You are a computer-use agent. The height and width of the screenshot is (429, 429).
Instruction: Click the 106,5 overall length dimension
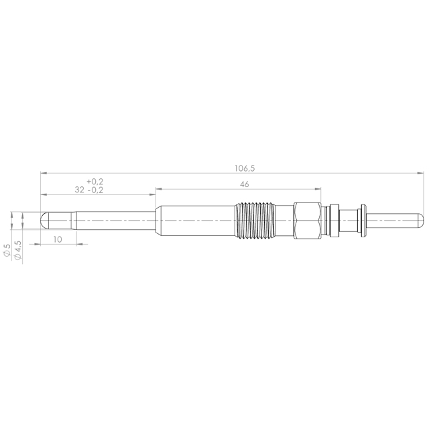pos(245,168)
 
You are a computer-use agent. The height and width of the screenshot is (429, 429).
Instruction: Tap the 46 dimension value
pos(244,184)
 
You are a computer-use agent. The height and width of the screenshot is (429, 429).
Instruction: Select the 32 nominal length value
pos(79,190)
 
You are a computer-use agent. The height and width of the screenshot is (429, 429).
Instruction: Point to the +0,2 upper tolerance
pos(95,182)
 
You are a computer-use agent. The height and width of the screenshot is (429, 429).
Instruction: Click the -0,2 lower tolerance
pos(95,190)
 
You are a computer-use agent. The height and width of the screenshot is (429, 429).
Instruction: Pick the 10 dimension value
pos(58,239)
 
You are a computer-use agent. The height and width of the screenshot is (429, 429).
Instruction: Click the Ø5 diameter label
pos(7,250)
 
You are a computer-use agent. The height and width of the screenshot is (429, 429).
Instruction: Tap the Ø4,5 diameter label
pos(17,250)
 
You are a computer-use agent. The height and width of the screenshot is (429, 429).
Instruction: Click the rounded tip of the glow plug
pos(43,221)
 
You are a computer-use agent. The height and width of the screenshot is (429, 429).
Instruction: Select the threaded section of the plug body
pos(255,221)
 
